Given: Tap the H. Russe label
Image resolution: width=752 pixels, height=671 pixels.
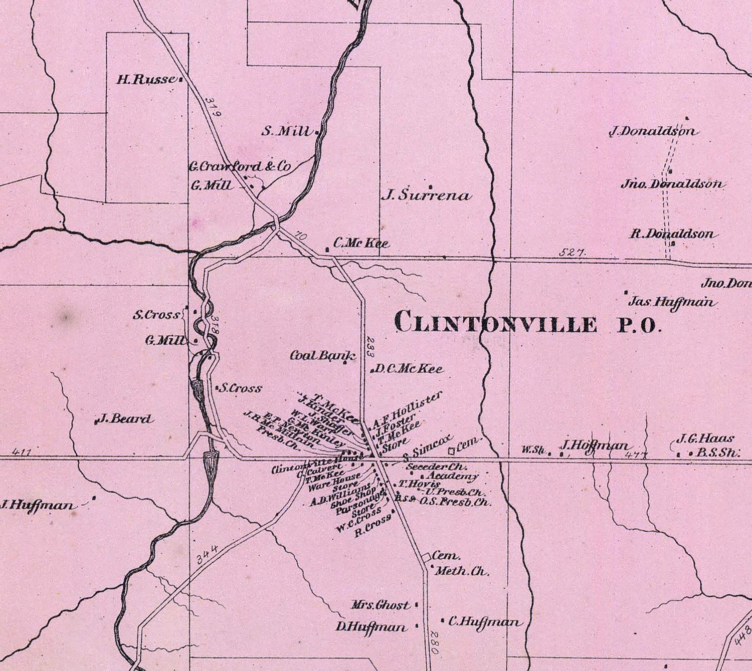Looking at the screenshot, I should click(x=146, y=79).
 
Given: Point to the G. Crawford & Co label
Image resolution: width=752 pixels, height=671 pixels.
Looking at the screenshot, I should click(x=239, y=167).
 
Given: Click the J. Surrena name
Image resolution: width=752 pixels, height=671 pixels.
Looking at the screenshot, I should click(x=427, y=196).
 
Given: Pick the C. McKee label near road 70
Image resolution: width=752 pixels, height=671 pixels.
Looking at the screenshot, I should click(x=361, y=244).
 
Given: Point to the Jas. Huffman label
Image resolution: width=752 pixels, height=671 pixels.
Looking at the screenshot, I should click(x=672, y=302).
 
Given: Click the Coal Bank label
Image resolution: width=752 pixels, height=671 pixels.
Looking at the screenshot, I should click(x=323, y=356).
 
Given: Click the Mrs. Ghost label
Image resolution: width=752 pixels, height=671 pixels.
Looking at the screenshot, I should click(x=381, y=605).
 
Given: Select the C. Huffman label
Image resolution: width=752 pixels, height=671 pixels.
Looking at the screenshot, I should click(x=484, y=622).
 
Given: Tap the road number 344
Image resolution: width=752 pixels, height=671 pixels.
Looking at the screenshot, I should click(x=206, y=555).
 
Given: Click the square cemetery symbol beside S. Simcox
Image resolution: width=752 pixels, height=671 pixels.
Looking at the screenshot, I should click(x=452, y=451).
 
